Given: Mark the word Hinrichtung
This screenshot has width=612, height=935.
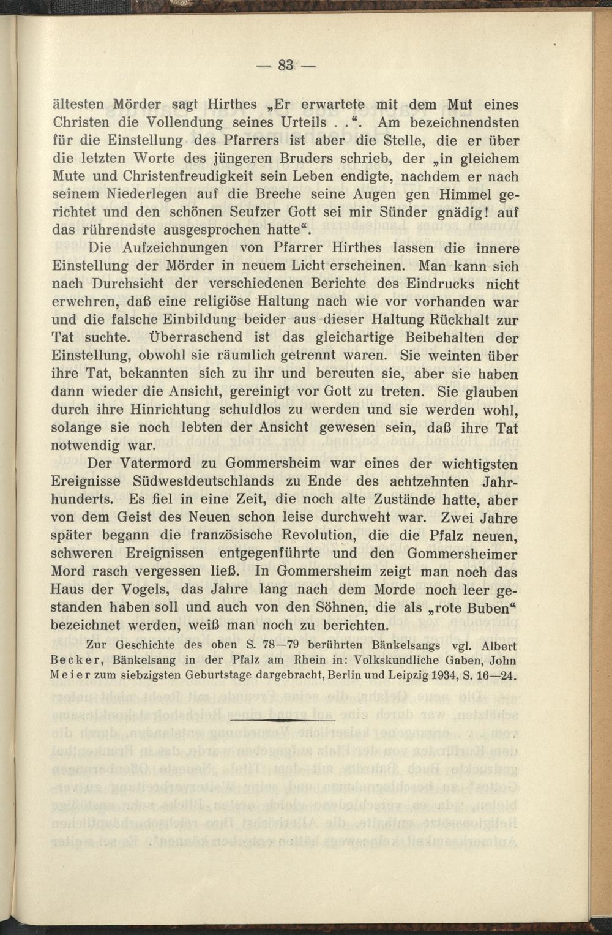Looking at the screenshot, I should (176, 409).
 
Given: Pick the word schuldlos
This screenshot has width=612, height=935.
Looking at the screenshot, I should (253, 409).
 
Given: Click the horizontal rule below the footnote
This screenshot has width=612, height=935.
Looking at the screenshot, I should (283, 720).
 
